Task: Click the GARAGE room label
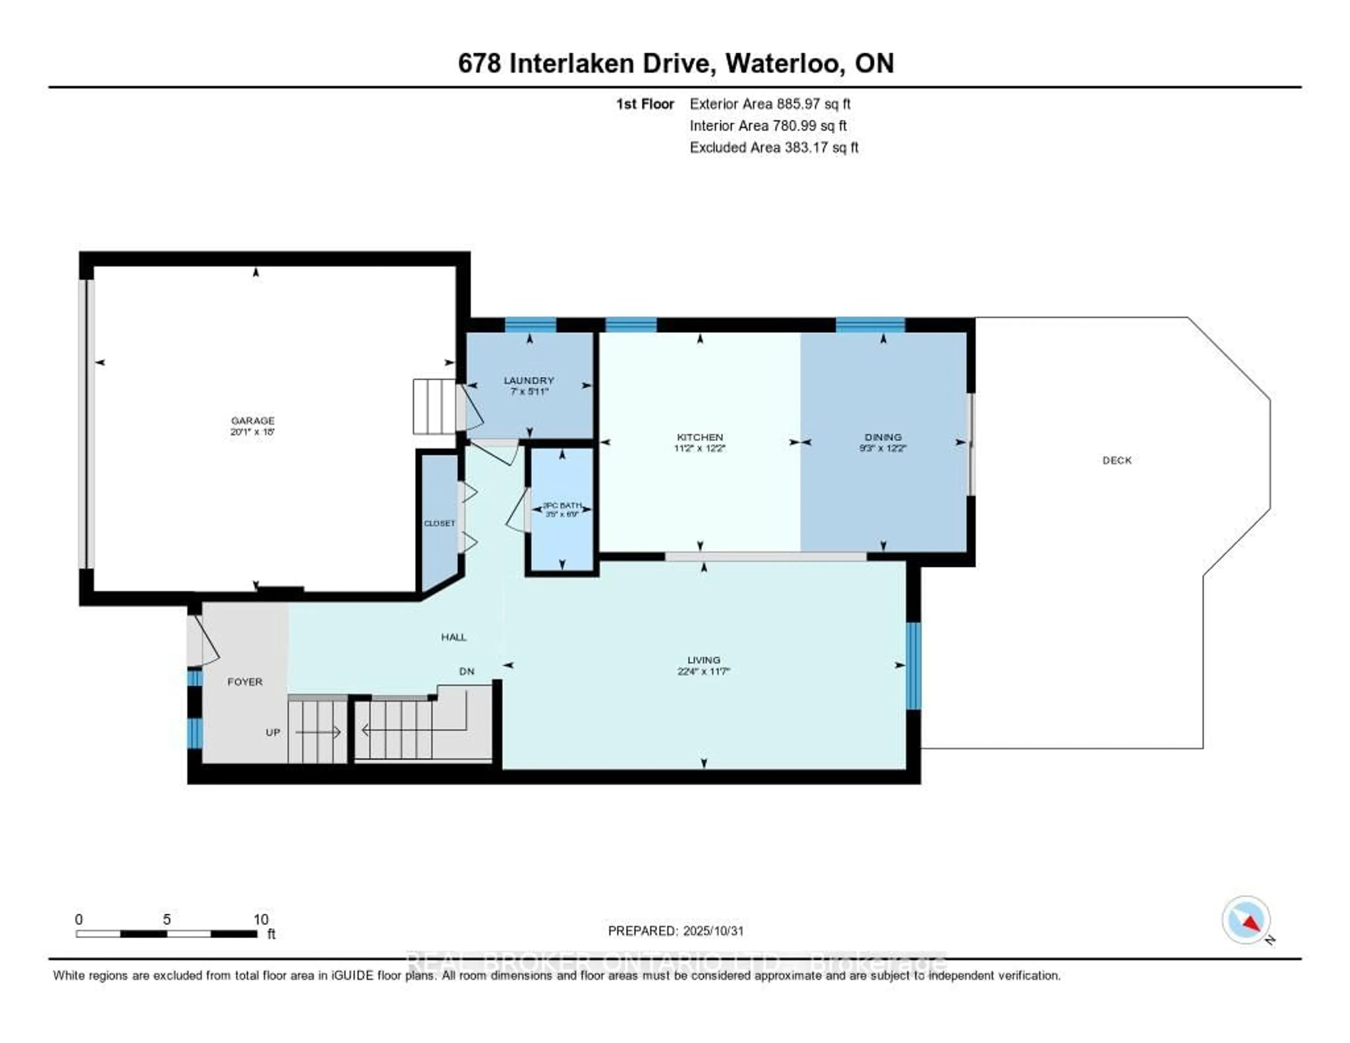(x=252, y=421)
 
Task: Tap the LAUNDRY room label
(x=528, y=380)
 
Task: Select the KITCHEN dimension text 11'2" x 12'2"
(x=700, y=448)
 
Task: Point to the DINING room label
(x=883, y=436)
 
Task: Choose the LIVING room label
(x=703, y=660)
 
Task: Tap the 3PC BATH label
(x=562, y=505)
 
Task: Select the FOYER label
(x=245, y=681)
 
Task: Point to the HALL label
(x=454, y=637)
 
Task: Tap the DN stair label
(x=467, y=671)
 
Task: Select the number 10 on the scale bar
(x=261, y=919)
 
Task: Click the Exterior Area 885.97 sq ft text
(x=770, y=104)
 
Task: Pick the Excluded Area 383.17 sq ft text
(x=774, y=147)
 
